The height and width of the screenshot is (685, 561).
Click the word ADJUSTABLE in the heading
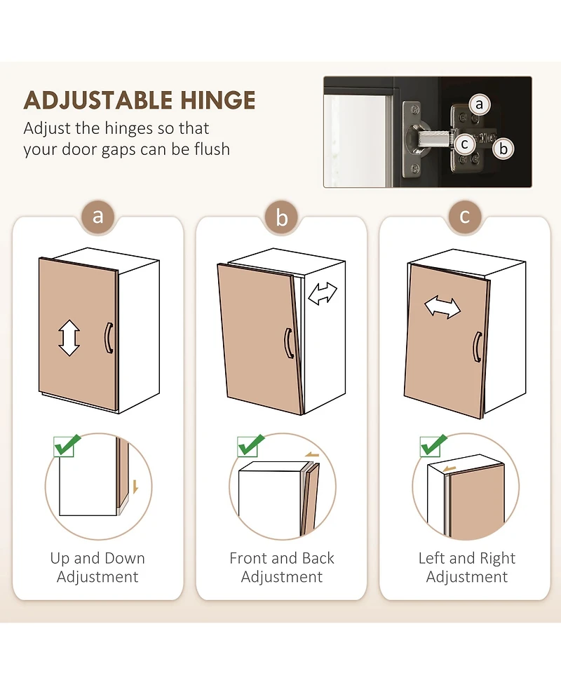pyautogui.click(x=99, y=100)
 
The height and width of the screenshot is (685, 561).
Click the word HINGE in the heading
pyautogui.click(x=218, y=100)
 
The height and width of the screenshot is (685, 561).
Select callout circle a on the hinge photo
pyautogui.click(x=479, y=104)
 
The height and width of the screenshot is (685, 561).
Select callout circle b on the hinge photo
pyautogui.click(x=503, y=149)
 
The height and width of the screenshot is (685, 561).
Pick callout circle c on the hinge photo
pyautogui.click(x=464, y=144)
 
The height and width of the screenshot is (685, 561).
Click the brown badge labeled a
pyautogui.click(x=98, y=216)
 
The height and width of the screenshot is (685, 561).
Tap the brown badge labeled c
pyautogui.click(x=465, y=216)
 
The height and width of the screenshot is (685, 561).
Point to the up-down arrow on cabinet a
pyautogui.click(x=69, y=338)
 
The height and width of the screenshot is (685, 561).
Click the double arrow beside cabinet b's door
pyautogui.click(x=323, y=294)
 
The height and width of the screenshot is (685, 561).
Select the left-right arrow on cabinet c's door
pyautogui.click(x=442, y=307)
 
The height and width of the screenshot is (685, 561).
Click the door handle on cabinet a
pyautogui.click(x=109, y=338)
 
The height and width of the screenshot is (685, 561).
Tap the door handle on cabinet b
pyautogui.click(x=289, y=343)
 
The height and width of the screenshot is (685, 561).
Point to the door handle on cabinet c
pyautogui.click(x=478, y=347)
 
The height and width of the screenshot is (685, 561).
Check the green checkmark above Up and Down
pyautogui.click(x=67, y=446)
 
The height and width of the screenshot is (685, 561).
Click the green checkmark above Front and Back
pyautogui.click(x=250, y=446)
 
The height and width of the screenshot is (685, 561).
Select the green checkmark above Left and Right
pyautogui.click(x=433, y=446)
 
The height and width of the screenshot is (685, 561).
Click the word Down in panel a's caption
pyautogui.click(x=125, y=558)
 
